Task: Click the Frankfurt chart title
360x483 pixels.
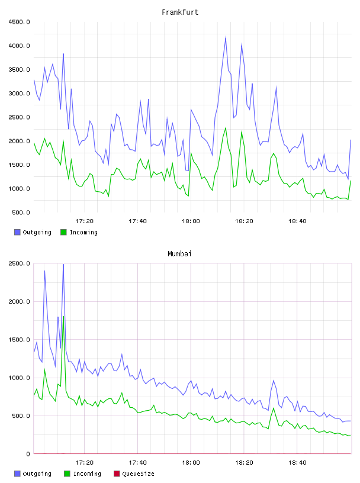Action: point(180,12)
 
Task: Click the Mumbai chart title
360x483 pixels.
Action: point(179,254)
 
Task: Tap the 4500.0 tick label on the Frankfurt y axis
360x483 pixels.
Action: point(19,22)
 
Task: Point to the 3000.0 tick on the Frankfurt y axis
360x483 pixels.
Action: point(19,94)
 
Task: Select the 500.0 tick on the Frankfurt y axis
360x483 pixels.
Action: point(21,212)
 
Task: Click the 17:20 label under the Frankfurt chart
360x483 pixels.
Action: point(84,221)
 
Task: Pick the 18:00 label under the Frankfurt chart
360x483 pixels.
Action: point(191,221)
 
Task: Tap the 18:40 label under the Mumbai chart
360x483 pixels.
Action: point(297,463)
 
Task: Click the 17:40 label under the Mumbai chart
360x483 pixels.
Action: point(137,463)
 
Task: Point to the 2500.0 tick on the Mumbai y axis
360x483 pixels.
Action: point(19,263)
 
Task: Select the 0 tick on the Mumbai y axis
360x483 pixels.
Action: point(28,454)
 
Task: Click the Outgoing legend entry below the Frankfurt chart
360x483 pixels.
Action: point(33,232)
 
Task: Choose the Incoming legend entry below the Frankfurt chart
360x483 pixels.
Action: point(79,232)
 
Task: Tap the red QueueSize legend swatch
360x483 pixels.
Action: point(117,474)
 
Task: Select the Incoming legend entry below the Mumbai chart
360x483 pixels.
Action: point(82,474)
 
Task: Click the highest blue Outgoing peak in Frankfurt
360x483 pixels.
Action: point(226,37)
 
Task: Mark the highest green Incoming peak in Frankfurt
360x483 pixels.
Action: point(226,127)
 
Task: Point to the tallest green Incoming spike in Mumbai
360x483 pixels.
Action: point(63,316)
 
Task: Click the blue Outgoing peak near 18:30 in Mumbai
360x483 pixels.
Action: point(274,381)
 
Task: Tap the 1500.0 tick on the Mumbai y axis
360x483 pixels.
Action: point(19,339)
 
